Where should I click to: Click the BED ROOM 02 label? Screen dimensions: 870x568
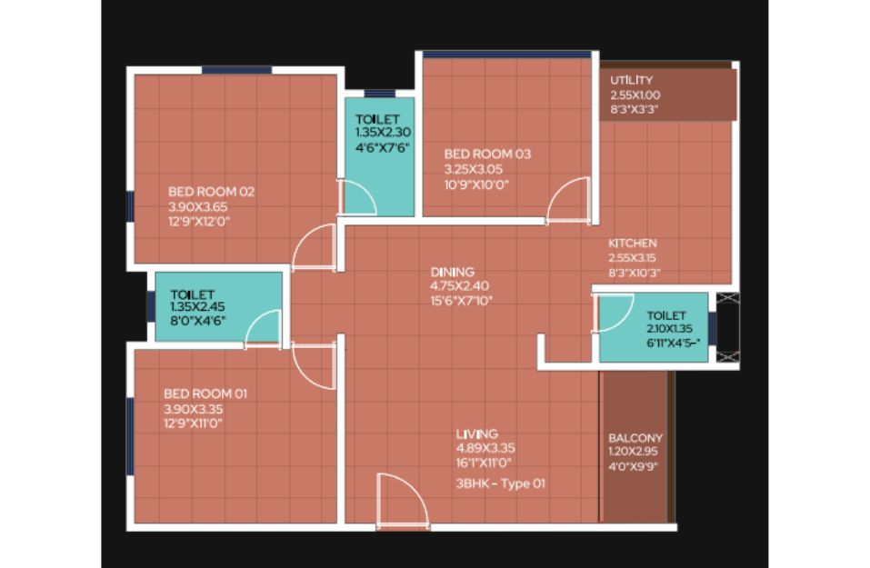pos(211,192)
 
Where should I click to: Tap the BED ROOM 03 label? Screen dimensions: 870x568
pos(487,154)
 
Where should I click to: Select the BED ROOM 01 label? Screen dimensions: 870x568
pos(205,394)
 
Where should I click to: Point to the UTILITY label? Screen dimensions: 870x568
pos(632,80)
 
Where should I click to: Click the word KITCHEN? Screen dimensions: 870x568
pos(633,243)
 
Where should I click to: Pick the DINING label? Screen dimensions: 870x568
pos(452,272)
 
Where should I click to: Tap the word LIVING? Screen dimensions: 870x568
pos(476,433)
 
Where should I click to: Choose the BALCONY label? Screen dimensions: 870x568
pos(635,438)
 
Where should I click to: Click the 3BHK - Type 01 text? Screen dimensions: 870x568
pos(501,483)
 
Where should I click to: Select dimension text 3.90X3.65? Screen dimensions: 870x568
pos(198,207)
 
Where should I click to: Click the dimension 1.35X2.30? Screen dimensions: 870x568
pos(383,133)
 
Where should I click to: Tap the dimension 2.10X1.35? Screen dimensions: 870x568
pos(670,328)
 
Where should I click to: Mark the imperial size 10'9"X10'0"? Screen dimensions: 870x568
pos(476,184)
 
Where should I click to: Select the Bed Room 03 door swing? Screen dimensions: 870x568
pos(568,200)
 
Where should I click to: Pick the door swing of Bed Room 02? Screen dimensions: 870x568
pos(314,247)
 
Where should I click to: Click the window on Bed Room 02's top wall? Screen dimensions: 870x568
pos(237,70)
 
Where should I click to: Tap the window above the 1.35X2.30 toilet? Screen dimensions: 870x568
pos(379,94)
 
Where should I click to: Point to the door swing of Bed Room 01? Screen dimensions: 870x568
pos(314,366)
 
